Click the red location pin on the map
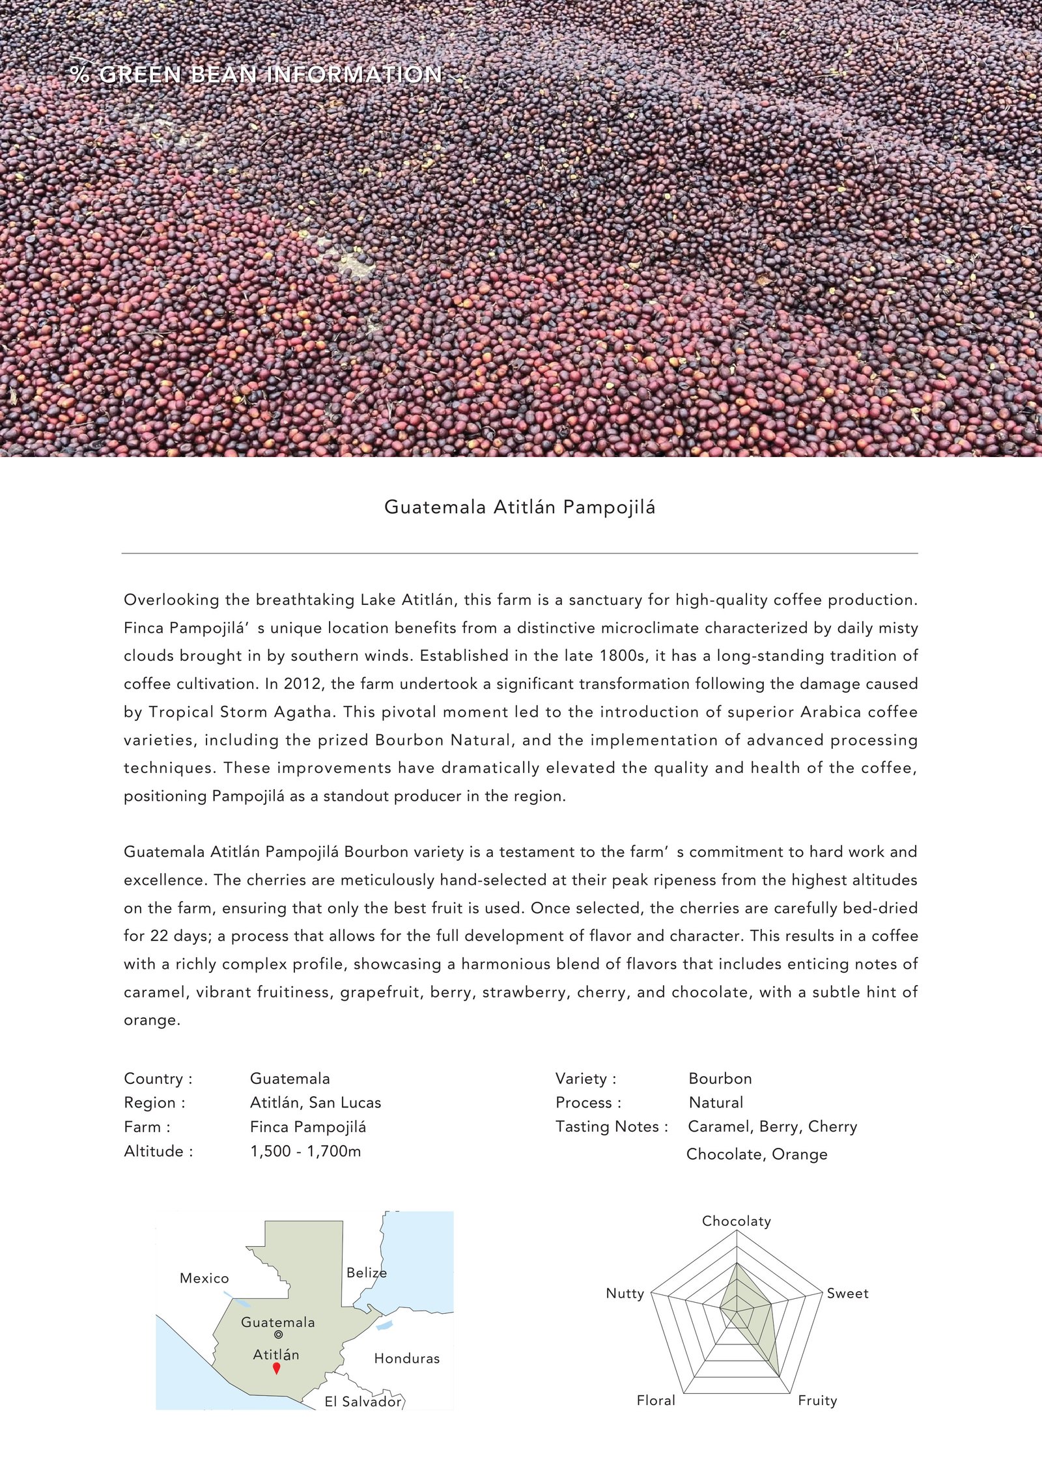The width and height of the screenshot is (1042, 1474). (x=276, y=1368)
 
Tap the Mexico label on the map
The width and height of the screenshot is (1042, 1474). (x=204, y=1278)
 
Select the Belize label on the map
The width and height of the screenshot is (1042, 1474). (x=366, y=1272)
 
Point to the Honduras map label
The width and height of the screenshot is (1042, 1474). (x=406, y=1358)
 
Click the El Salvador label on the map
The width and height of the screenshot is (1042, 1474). (x=363, y=1402)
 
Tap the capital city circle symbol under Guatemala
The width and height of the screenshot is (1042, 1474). (x=279, y=1334)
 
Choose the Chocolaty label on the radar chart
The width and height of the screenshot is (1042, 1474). (x=736, y=1221)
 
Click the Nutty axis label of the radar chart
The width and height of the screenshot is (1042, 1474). (x=625, y=1293)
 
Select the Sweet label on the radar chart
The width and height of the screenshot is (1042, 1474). (x=847, y=1293)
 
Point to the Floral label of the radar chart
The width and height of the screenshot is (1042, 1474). (x=655, y=1400)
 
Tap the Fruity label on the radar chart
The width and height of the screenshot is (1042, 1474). (x=817, y=1400)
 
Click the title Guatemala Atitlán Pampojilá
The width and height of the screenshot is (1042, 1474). (x=520, y=507)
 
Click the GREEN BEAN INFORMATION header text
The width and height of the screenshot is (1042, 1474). (x=270, y=75)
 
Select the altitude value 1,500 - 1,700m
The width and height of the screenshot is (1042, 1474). (x=305, y=1151)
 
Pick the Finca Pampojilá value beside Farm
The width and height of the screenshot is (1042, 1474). (x=308, y=1127)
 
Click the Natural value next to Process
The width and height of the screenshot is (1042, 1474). (x=716, y=1102)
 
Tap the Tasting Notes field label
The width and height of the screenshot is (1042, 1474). (x=612, y=1126)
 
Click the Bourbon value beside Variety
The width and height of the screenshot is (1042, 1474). (x=720, y=1078)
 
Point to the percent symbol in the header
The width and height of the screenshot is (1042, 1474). (x=80, y=74)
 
